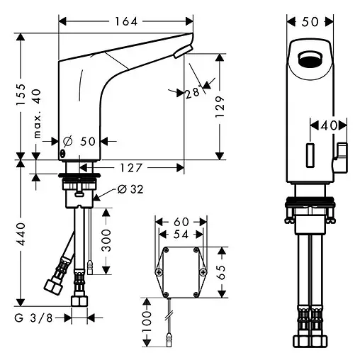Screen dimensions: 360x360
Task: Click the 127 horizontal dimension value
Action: click(x=140, y=168)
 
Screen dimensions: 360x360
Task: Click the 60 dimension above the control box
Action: click(x=181, y=222)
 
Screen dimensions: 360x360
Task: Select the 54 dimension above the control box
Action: click(x=181, y=234)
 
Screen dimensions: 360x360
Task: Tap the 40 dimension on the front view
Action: click(x=327, y=125)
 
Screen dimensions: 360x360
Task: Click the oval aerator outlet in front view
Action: click(x=311, y=59)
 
